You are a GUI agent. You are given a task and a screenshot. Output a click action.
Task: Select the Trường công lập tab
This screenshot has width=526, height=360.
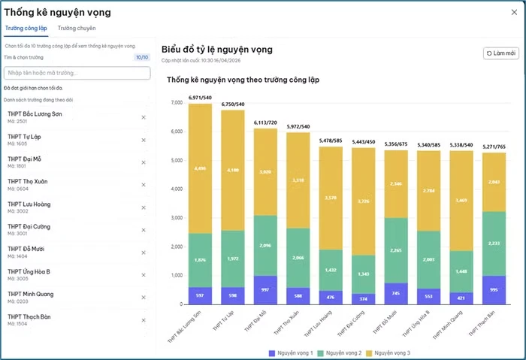26,28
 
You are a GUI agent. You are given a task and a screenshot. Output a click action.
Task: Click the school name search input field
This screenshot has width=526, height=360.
77,73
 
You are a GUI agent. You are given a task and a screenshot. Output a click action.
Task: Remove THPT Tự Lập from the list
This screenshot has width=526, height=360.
144,140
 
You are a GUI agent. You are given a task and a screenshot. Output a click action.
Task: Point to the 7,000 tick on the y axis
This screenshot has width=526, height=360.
177,102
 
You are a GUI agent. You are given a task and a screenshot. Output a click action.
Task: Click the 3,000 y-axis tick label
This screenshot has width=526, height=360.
177,218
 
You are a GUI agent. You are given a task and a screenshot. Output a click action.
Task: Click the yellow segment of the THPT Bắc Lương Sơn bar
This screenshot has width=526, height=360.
200,168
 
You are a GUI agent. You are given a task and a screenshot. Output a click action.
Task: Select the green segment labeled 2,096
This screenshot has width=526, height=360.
265,245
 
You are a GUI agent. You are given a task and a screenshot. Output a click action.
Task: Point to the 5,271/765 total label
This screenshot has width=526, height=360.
493,147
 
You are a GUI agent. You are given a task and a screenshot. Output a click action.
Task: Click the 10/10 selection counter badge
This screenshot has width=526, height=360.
141,56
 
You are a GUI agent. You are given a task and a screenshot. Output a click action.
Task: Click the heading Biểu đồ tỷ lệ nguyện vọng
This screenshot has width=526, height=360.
216,50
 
